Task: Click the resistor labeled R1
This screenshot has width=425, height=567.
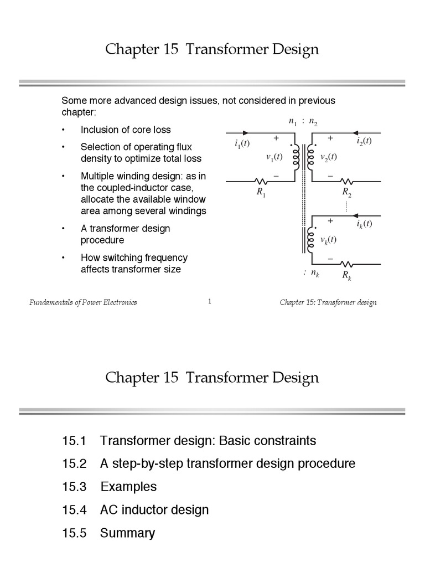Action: (x=260, y=181)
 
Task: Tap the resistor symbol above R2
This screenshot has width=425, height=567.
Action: (x=347, y=181)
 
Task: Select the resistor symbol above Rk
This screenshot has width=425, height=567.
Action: (x=347, y=264)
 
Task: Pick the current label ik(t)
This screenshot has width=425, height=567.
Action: (x=364, y=224)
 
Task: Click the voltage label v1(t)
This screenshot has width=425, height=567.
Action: (x=274, y=157)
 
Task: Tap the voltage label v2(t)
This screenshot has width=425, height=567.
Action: (x=329, y=157)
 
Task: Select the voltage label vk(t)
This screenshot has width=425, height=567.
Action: (x=329, y=239)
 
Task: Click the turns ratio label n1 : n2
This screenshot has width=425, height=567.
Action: (x=303, y=122)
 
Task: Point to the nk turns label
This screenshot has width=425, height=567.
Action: (x=312, y=273)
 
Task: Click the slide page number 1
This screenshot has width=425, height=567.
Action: (x=210, y=301)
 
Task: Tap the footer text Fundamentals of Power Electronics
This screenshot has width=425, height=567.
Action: (x=83, y=302)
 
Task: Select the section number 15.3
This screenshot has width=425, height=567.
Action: (x=75, y=487)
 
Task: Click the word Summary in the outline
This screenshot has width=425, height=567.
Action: (x=127, y=533)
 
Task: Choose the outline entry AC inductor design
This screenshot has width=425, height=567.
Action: (x=154, y=510)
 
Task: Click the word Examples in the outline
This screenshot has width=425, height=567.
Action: (x=128, y=487)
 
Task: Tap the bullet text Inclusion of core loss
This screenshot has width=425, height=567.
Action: (x=126, y=130)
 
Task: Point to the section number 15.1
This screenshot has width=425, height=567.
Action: (x=75, y=441)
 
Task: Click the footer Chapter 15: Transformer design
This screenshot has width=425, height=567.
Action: (x=328, y=302)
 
